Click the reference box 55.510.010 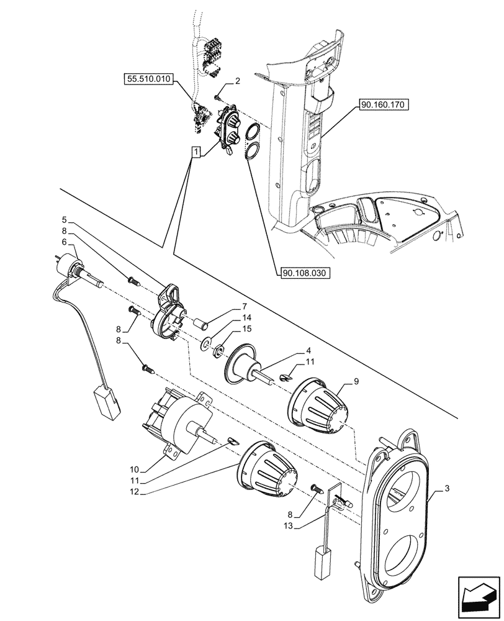point(150,79)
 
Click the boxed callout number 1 point(196,151)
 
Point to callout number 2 point(238,82)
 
